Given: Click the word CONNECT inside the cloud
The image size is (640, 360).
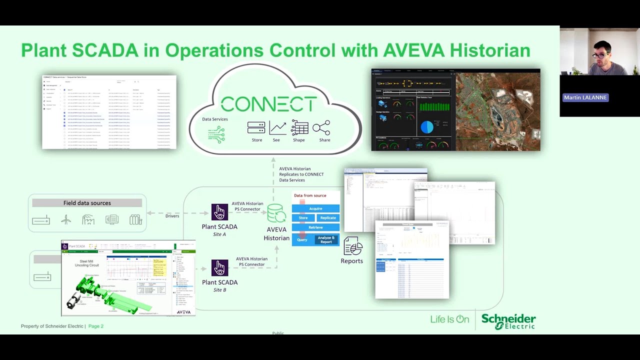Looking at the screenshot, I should coord(268,104).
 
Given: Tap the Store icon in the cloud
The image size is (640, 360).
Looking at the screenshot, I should coord(256,128).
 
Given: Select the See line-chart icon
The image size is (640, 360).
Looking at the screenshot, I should coord(277,128).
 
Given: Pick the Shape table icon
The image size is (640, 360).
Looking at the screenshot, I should coord(299,128).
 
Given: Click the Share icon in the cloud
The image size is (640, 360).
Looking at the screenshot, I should coord(321,128).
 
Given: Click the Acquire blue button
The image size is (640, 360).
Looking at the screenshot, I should coord(315,208).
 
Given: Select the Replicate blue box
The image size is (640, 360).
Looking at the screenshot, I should coord(328,218).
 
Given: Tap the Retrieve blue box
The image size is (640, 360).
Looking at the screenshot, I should coord(315,227).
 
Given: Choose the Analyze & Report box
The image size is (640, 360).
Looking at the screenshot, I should coord(326,240).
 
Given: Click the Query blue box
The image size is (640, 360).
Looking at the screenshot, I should coord(302,240).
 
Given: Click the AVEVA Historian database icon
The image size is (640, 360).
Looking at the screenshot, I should coord(276,213).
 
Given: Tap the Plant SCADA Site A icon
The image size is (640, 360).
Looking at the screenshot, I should coord(219,212).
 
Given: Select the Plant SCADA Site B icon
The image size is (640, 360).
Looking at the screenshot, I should coord(219,267).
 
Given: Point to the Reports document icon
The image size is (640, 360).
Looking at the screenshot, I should coord(352,246).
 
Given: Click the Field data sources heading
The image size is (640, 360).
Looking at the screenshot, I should coord(87,203).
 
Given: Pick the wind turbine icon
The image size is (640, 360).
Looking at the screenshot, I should coord(66,219).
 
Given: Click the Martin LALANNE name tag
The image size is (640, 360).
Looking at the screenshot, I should coord(585,97).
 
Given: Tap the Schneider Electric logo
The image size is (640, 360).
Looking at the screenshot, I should coord(508,321).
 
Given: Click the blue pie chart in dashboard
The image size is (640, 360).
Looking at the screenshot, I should coord(426,126).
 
